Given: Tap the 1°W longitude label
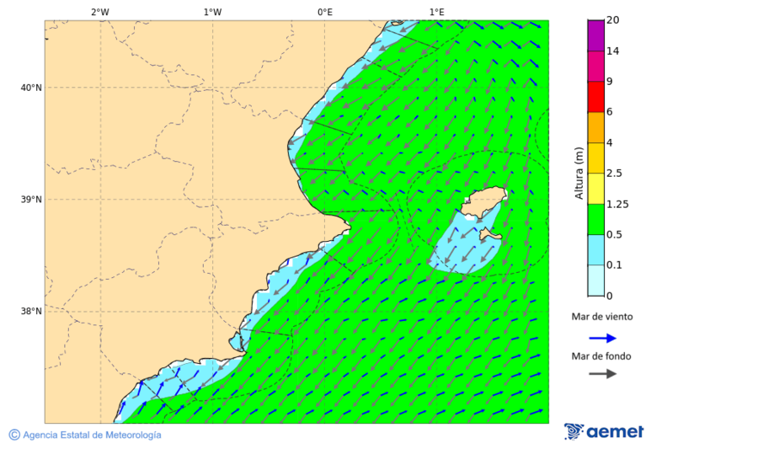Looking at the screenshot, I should (x=212, y=12).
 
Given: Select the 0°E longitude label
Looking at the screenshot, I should (x=324, y=12).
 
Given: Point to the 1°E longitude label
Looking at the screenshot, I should (x=436, y=12).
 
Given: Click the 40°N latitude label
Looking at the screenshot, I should (x=31, y=88).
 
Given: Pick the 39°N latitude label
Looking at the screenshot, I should (x=31, y=200).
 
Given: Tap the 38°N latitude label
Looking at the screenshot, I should (x=31, y=312).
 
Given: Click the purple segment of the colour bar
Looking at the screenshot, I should (x=595, y=35).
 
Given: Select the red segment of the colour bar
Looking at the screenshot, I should (x=595, y=97).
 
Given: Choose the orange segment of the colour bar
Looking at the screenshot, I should (x=595, y=127).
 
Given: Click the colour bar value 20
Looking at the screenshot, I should (x=612, y=20).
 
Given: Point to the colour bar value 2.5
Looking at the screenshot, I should (x=614, y=174).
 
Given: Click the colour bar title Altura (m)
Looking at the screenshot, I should (x=579, y=173).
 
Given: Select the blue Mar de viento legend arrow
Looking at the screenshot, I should (x=602, y=338).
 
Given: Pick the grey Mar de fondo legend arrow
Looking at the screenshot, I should (x=602, y=374).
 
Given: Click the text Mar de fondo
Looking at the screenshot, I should (x=601, y=356).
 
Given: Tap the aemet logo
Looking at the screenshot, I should (x=604, y=431).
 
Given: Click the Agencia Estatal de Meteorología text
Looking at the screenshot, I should (x=91, y=435).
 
